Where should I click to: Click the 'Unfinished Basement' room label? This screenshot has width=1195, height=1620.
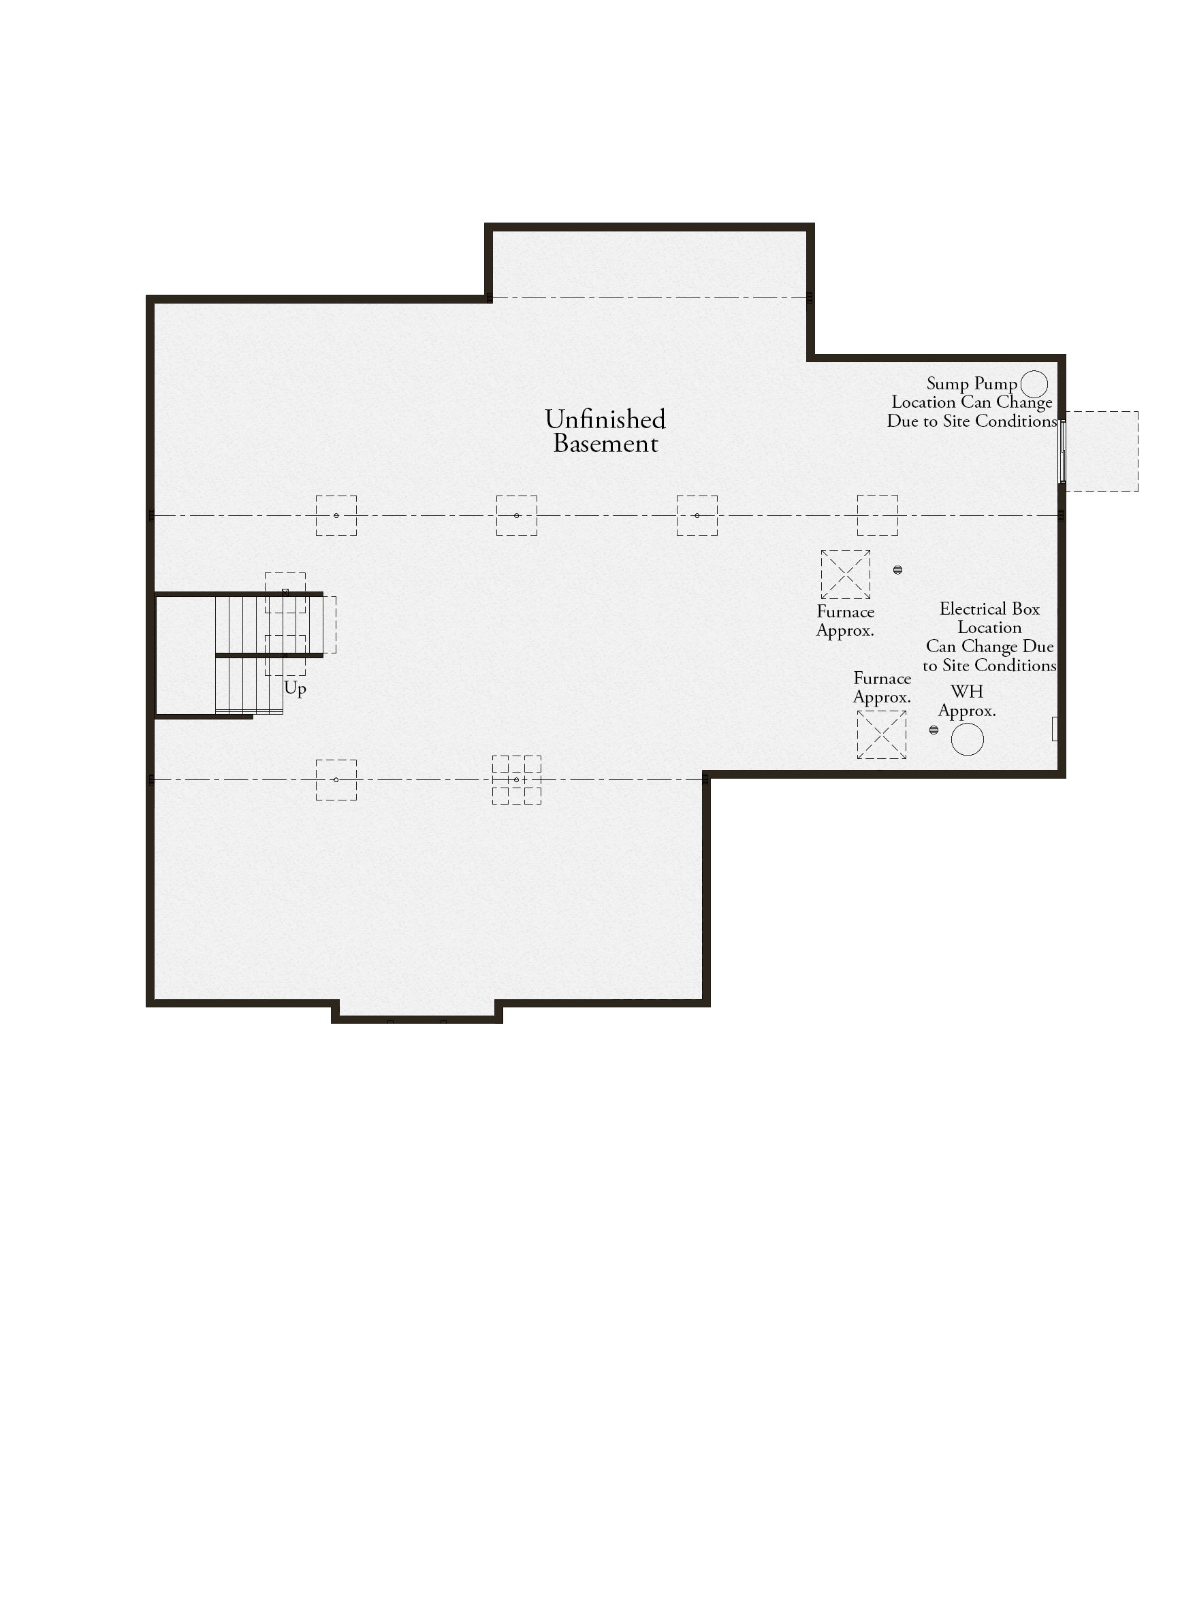605,431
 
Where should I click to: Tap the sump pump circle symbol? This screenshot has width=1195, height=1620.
1034,384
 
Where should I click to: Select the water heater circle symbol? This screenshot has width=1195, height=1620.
967,739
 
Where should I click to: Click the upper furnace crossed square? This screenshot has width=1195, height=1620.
846,574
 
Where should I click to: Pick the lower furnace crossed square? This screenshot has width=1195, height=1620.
882,735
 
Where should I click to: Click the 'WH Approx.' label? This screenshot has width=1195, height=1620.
967,701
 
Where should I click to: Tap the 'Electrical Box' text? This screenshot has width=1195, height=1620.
989,609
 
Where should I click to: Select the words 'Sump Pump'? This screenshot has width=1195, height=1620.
972,383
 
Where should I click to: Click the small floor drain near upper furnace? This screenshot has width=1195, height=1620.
897,570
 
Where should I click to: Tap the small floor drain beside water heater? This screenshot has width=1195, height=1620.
934,730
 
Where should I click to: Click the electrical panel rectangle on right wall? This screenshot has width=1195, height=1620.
1055,729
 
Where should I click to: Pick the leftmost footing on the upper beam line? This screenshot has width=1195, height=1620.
336,516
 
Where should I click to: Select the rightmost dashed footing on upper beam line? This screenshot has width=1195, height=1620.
878,516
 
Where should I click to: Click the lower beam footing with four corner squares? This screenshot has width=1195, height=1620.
517,779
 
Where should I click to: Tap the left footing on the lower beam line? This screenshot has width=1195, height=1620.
336,779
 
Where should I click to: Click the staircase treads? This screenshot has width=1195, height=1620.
250,655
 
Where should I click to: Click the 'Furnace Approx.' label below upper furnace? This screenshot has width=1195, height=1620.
846,621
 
